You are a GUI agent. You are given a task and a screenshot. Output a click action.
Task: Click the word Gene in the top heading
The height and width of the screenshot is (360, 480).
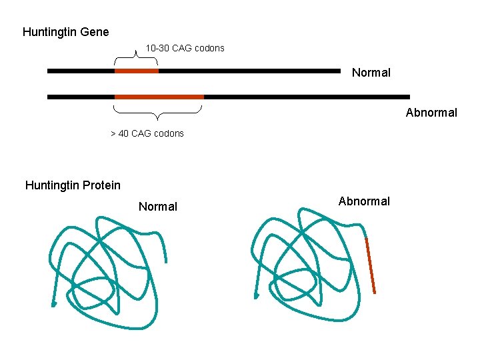coord(95,32)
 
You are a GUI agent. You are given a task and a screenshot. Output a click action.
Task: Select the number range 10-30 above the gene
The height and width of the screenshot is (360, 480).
coord(157,48)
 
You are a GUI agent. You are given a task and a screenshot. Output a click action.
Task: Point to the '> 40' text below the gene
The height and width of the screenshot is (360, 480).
coord(119,133)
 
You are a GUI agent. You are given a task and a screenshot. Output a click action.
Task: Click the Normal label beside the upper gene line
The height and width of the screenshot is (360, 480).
coord(371,73)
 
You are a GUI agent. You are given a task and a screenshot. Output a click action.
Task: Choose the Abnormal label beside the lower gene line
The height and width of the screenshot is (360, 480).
coord(431,113)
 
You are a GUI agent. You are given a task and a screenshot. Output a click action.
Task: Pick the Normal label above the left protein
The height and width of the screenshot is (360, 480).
coord(157,207)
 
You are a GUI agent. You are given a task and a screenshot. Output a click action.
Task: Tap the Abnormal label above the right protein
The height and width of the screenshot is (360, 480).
coord(364,201)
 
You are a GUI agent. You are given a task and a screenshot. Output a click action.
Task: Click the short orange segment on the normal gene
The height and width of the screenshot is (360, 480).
coord(137,70)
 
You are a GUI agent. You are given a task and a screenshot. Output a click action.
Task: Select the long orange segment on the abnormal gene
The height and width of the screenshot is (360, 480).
coord(159,97)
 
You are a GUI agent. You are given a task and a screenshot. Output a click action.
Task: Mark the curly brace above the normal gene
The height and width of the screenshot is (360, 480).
coord(137,59)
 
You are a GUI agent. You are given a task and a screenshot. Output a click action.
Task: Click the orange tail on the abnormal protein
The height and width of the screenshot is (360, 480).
coord(370,265)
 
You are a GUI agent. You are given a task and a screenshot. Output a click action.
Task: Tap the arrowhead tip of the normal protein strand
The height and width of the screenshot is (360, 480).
coord(54,304)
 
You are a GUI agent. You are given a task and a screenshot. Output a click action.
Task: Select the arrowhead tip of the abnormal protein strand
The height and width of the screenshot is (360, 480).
coord(256,297)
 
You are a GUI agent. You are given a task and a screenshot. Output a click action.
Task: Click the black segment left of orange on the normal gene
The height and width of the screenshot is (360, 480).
coord(81,70)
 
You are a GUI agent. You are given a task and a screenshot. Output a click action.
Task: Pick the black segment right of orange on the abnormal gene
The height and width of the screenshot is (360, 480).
coord(307,97)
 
